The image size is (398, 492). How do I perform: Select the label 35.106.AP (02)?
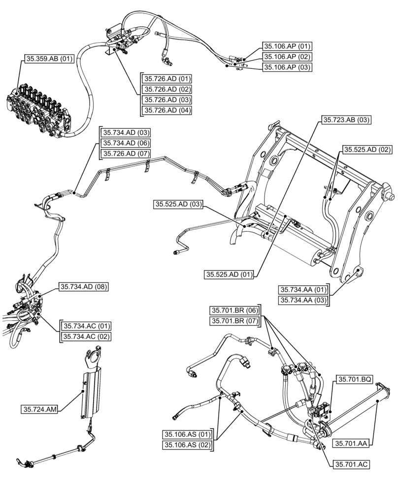point(287,57)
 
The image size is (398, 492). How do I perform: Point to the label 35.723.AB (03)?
point(346,120)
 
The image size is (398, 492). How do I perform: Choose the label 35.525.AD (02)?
point(367,150)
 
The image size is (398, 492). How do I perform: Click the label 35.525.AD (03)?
point(178,204)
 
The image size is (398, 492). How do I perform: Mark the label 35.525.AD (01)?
point(229,275)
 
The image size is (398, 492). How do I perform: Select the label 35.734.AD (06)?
point(126,143)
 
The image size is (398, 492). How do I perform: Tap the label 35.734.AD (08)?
point(84,286)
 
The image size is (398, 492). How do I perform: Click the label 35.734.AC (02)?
point(86,337)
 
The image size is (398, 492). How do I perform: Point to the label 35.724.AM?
point(39,409)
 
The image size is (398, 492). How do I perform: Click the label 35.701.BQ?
point(354,379)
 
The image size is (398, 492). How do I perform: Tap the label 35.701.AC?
point(351,464)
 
